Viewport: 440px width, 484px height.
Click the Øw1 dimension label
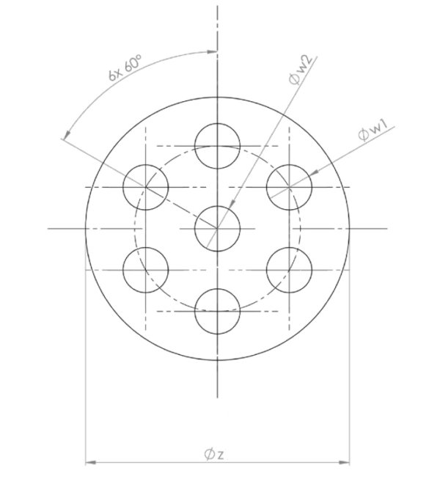pos(374,133)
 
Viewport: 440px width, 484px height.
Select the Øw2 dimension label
pos(300,70)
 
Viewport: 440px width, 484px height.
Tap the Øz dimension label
pos(214,455)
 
